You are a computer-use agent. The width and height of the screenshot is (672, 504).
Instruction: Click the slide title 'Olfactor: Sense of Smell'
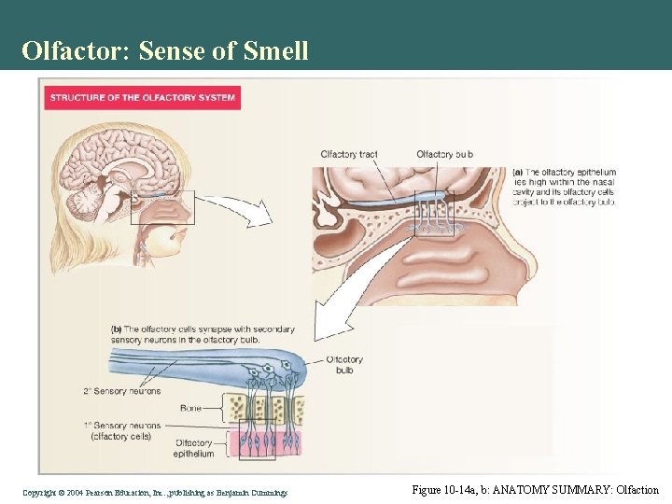[165, 50]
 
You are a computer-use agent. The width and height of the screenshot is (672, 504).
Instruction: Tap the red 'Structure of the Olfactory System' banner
[141, 97]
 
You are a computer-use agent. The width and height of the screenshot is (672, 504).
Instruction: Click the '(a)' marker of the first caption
[518, 173]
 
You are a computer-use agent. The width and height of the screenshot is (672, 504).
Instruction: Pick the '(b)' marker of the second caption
[117, 329]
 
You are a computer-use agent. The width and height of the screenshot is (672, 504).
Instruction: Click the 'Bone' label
[191, 408]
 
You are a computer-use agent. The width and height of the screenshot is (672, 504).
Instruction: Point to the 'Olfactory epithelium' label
[194, 448]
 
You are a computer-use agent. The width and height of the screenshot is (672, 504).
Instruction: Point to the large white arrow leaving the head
[234, 209]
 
